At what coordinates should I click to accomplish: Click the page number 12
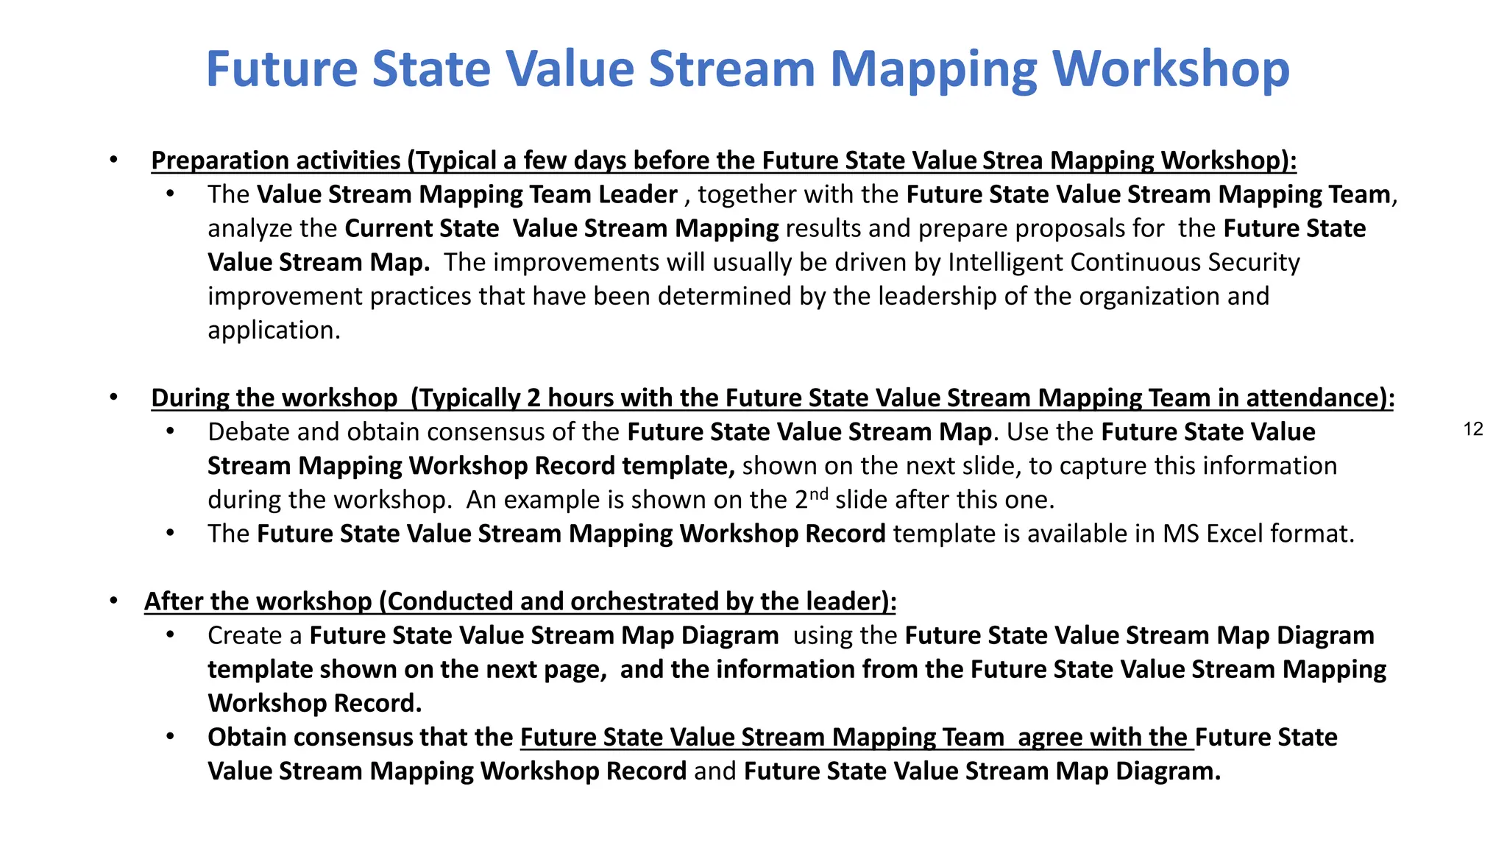[1473, 430]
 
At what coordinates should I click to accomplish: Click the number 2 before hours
[533, 398]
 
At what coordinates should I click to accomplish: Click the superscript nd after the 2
[818, 493]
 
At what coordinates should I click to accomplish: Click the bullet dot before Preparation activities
[113, 160]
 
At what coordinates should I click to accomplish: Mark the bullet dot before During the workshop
[113, 398]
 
